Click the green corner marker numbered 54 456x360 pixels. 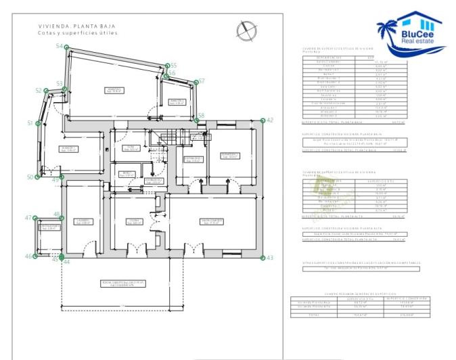pos(66,47)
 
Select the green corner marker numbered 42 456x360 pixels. pos(263,120)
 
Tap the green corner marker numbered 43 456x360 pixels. pos(263,257)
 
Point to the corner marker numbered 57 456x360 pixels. pos(194,83)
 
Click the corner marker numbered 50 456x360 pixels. pos(37,177)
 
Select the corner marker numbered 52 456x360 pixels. pos(46,91)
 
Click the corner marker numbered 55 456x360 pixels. pos(166,66)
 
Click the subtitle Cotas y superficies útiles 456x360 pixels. pos(78,32)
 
